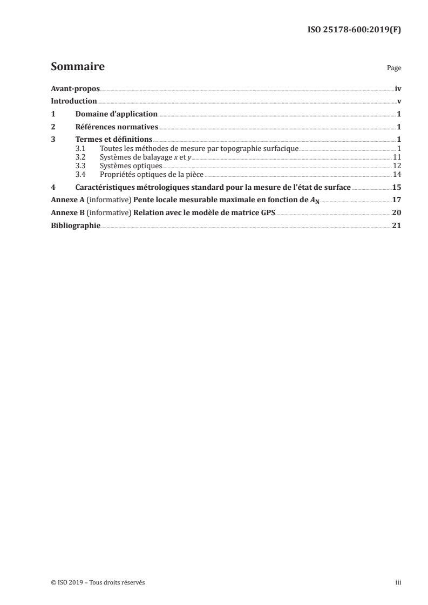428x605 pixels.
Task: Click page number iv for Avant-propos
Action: (x=398, y=88)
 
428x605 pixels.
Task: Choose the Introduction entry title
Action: (x=74, y=101)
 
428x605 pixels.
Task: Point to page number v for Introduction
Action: (x=399, y=101)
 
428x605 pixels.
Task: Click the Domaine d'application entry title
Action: (x=116, y=114)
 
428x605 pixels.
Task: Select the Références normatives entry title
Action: (x=116, y=127)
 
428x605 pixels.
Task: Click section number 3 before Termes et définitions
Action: (x=52, y=140)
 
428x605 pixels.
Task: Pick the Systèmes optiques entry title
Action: (x=131, y=165)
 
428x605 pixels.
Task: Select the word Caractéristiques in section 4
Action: (x=103, y=187)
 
